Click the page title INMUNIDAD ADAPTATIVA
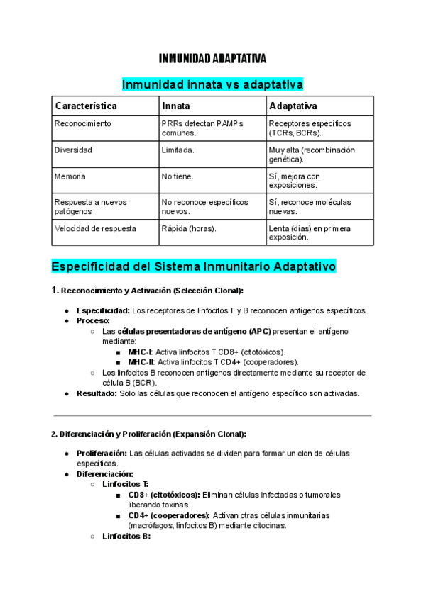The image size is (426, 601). [212, 58]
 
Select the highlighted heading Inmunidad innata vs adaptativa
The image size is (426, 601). [212, 84]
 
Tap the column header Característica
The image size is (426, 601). [86, 106]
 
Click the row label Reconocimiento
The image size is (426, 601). [82, 123]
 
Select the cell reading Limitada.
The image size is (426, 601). [177, 150]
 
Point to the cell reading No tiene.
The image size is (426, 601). [177, 176]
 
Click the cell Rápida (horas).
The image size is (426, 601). [189, 228]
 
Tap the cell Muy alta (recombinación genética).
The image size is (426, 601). [312, 155]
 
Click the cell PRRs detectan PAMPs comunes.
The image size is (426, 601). [202, 128]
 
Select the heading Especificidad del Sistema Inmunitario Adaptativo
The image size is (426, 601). [193, 266]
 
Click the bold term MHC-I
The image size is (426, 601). [139, 352]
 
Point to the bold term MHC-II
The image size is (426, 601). [141, 361]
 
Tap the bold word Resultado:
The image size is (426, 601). [97, 393]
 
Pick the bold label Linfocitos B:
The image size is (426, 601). [126, 537]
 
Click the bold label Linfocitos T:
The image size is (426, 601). [126, 484]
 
